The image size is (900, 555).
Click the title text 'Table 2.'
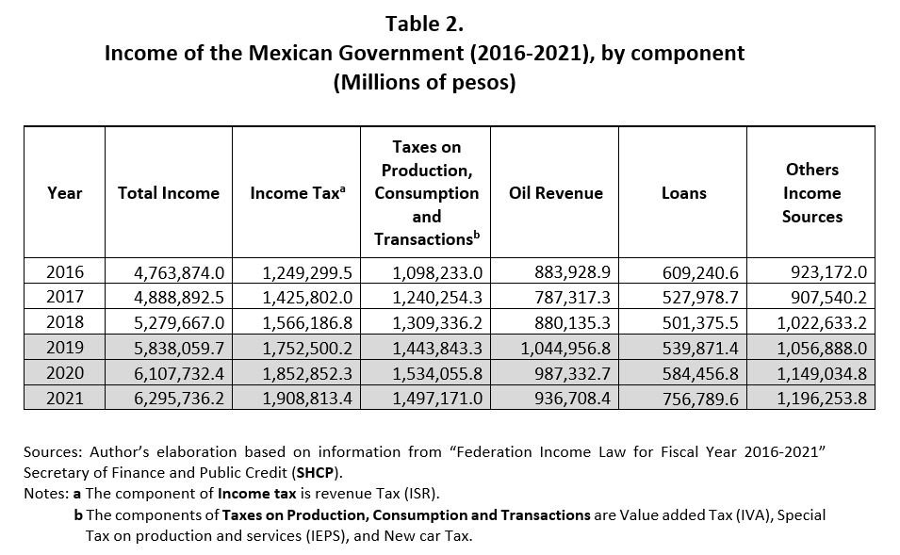[x=424, y=24]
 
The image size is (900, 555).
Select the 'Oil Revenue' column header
[x=555, y=193]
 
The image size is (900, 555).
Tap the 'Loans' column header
[x=683, y=193]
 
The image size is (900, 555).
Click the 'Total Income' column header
[x=168, y=193]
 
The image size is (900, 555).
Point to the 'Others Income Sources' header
[x=811, y=193]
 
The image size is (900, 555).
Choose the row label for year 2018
[x=65, y=315]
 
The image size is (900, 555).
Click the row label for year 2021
[x=65, y=399]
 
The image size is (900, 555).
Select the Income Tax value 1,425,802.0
[x=307, y=294]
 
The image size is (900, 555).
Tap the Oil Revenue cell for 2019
[x=565, y=357]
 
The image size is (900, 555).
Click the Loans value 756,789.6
[x=698, y=400]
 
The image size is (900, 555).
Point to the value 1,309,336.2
[x=437, y=316]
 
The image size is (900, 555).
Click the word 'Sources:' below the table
[x=52, y=452]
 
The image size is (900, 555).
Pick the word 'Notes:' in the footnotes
[x=46, y=494]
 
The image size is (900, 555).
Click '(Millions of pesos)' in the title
[x=424, y=82]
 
